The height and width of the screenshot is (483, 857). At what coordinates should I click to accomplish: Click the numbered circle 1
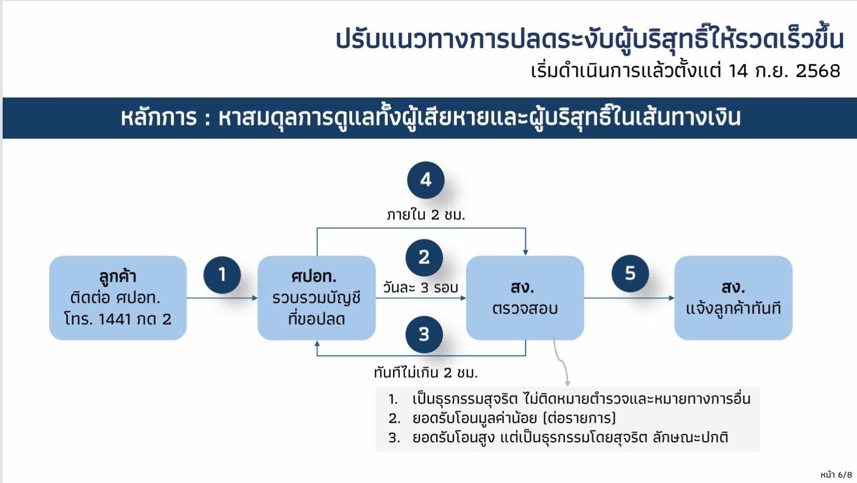point(222,275)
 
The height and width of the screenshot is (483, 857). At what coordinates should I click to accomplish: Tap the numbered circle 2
point(424,257)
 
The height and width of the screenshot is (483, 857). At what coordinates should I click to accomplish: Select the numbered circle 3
point(424,335)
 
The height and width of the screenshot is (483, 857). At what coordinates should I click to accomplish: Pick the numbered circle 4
point(426,180)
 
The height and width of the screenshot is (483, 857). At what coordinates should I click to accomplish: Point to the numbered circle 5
point(630,273)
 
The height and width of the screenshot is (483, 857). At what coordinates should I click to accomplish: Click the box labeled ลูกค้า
point(118,298)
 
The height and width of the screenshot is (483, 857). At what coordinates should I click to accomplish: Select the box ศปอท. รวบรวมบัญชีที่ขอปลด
point(316,298)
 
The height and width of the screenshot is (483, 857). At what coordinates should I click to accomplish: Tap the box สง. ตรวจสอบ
point(525,298)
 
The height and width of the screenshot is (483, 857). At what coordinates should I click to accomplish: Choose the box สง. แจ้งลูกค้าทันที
point(733,298)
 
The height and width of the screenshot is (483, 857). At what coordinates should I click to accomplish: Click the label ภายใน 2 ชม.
point(426,215)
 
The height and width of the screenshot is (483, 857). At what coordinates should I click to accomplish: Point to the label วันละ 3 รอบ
point(420,288)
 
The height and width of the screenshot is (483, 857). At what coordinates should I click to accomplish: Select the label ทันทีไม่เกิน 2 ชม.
point(426,373)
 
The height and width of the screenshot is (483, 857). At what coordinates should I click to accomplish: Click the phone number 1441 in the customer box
point(115,319)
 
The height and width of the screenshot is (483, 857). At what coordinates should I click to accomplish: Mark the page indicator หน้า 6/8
point(836,475)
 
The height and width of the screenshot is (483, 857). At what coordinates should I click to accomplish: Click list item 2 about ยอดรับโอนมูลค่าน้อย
point(514,418)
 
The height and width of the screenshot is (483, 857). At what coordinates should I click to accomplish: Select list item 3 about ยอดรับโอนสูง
point(570,437)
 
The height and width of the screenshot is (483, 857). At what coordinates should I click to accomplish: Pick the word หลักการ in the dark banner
point(159,118)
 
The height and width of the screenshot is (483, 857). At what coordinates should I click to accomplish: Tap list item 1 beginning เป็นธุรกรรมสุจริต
point(581,399)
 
